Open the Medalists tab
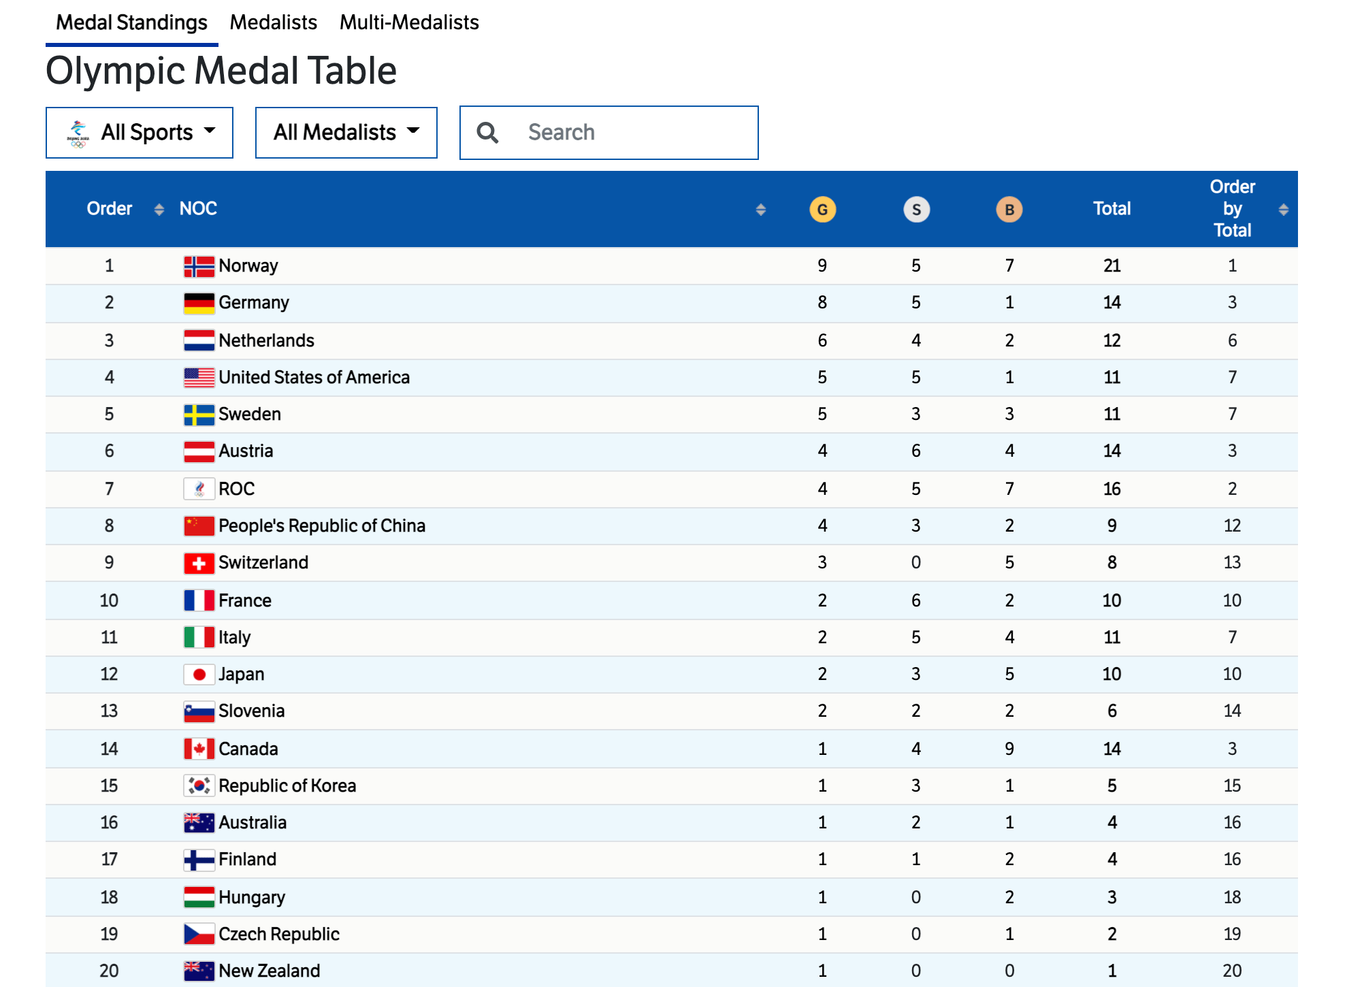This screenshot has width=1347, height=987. pyautogui.click(x=273, y=22)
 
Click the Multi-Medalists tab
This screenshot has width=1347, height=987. pyautogui.click(x=409, y=22)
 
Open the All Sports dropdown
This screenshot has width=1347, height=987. pyautogui.click(x=140, y=132)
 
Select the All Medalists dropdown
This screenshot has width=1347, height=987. pyautogui.click(x=346, y=132)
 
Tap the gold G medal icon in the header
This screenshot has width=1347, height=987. pyautogui.click(x=822, y=210)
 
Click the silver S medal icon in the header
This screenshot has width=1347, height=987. pyautogui.click(x=916, y=210)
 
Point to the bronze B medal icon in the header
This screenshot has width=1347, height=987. pyautogui.click(x=1009, y=210)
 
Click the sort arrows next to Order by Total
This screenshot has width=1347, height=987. pyautogui.click(x=1283, y=210)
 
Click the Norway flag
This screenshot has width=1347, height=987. pyautogui.click(x=199, y=266)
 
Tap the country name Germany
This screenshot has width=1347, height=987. pyautogui.click(x=254, y=302)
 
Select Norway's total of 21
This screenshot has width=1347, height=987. pyautogui.click(x=1111, y=265)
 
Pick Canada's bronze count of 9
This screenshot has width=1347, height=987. pyautogui.click(x=1009, y=749)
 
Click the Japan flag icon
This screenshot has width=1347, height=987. pyautogui.click(x=199, y=675)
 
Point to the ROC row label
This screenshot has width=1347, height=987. pyautogui.click(x=236, y=489)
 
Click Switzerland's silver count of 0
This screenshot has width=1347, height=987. pyautogui.click(x=916, y=562)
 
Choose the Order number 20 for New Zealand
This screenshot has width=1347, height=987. pyautogui.click(x=109, y=971)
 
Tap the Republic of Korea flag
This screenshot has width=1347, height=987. pyautogui.click(x=199, y=786)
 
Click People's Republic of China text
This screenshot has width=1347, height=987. pyautogui.click(x=322, y=525)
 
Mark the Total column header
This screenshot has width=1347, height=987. pyautogui.click(x=1111, y=208)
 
